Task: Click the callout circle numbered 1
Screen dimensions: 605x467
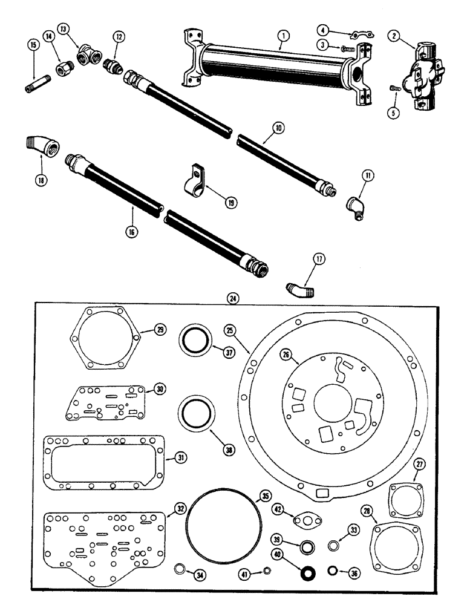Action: coord(281,36)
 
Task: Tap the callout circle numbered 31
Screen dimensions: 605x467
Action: coord(180,458)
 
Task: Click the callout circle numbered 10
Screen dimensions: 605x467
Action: coord(278,128)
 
